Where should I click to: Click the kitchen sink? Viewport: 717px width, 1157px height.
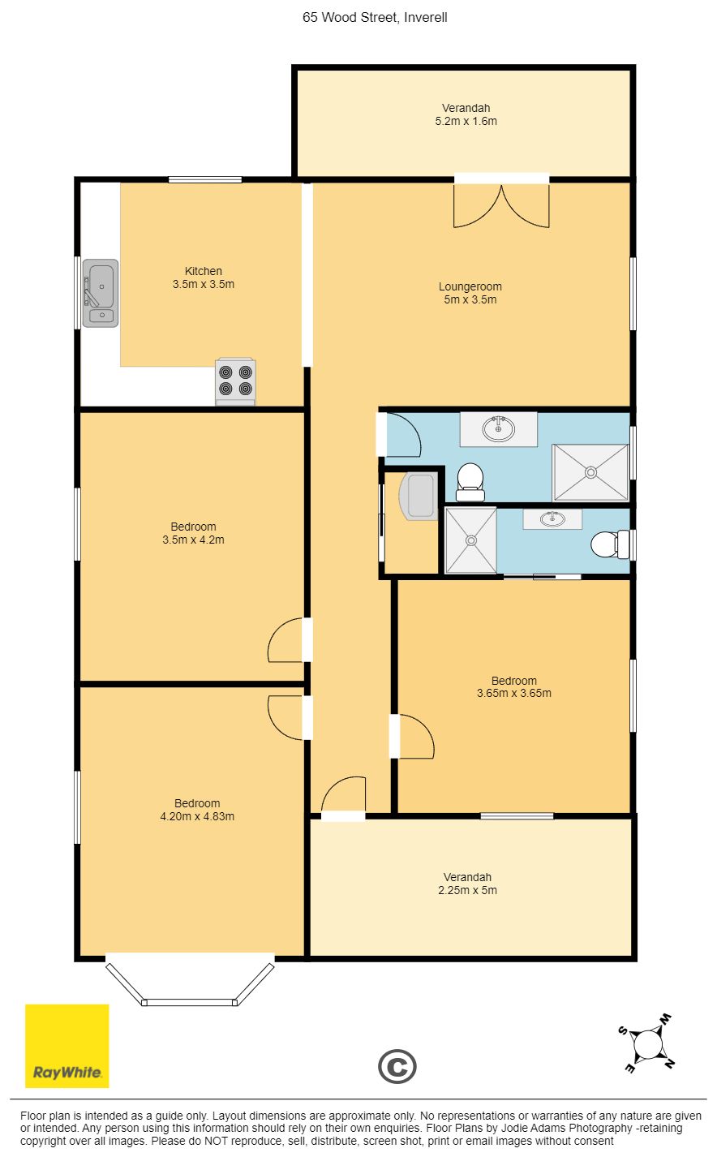pos(101,293)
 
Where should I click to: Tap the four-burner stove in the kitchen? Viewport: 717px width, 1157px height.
pos(235,381)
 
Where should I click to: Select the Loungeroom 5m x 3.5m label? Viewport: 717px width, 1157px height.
pos(470,293)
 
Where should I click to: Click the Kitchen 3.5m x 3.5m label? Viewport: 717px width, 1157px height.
pos(204,277)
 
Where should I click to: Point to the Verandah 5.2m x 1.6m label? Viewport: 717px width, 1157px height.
pos(466,114)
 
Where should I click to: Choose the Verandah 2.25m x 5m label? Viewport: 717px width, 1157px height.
pos(468,884)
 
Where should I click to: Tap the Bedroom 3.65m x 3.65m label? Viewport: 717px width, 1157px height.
pos(514,687)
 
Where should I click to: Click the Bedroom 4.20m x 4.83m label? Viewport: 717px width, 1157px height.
pos(197,810)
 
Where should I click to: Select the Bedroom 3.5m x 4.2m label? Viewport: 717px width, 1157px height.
pos(194,533)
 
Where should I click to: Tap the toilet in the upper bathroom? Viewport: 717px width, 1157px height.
pos(470,482)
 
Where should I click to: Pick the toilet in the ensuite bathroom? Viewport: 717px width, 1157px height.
pos(610,544)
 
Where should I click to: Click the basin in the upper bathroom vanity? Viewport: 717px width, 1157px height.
pos(499,428)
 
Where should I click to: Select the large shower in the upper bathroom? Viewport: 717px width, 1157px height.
pos(590,472)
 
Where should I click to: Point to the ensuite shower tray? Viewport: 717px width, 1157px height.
pos(470,540)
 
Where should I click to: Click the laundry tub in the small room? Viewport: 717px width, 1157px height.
pos(419,496)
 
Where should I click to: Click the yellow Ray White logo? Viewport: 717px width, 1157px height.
pos(67,1046)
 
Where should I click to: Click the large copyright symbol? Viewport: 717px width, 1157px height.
pos(397,1066)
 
